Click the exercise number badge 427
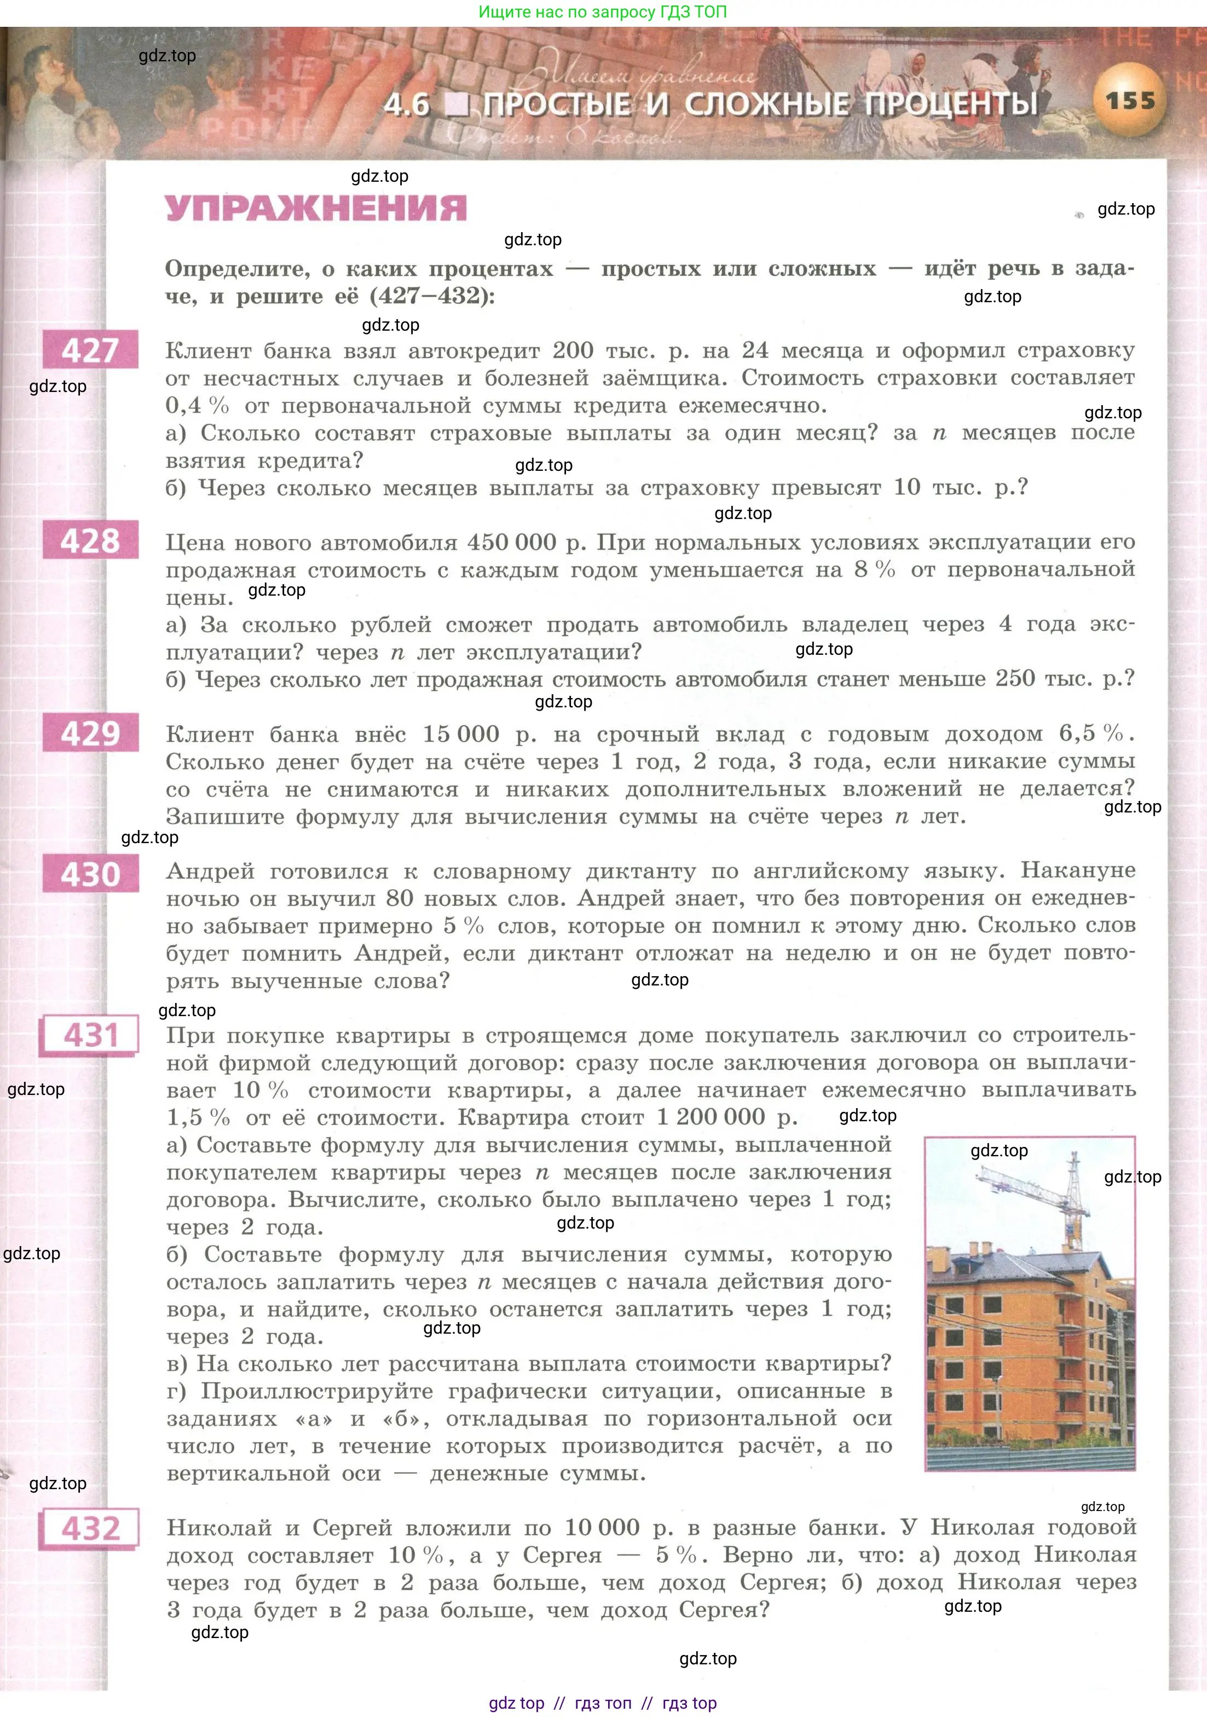(x=90, y=349)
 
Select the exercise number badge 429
(x=90, y=733)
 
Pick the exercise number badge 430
(x=90, y=874)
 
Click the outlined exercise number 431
(x=90, y=1036)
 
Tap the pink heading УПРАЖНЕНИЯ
(x=316, y=208)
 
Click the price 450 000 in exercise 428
(x=512, y=543)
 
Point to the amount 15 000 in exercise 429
(x=461, y=734)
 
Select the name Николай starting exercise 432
(x=216, y=1527)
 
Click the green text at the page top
(x=602, y=12)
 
